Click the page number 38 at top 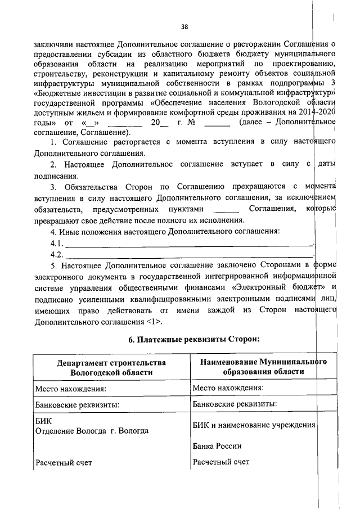click(184, 26)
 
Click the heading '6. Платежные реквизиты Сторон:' click(184, 339)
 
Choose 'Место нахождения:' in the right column click(228, 388)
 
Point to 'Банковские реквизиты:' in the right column click(235, 404)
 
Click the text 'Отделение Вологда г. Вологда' click(91, 431)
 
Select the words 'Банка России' click(217, 446)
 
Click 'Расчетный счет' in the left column click(63, 463)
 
